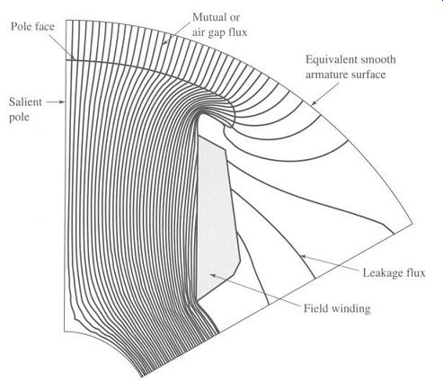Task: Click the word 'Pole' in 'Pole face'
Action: [x=21, y=27]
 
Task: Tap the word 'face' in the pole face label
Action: [x=44, y=27]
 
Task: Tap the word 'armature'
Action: [x=324, y=75]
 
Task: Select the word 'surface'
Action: [x=366, y=74]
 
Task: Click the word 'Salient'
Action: [x=25, y=102]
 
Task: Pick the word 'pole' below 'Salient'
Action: [x=19, y=118]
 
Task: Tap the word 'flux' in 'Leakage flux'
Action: [x=415, y=272]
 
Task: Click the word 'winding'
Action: [x=350, y=308]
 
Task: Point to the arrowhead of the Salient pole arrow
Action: [x=63, y=102]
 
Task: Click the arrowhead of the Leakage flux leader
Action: [x=303, y=256]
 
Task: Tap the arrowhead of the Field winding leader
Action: [x=212, y=275]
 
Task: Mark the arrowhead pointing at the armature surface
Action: [x=314, y=103]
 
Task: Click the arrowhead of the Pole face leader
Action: [x=72, y=57]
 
